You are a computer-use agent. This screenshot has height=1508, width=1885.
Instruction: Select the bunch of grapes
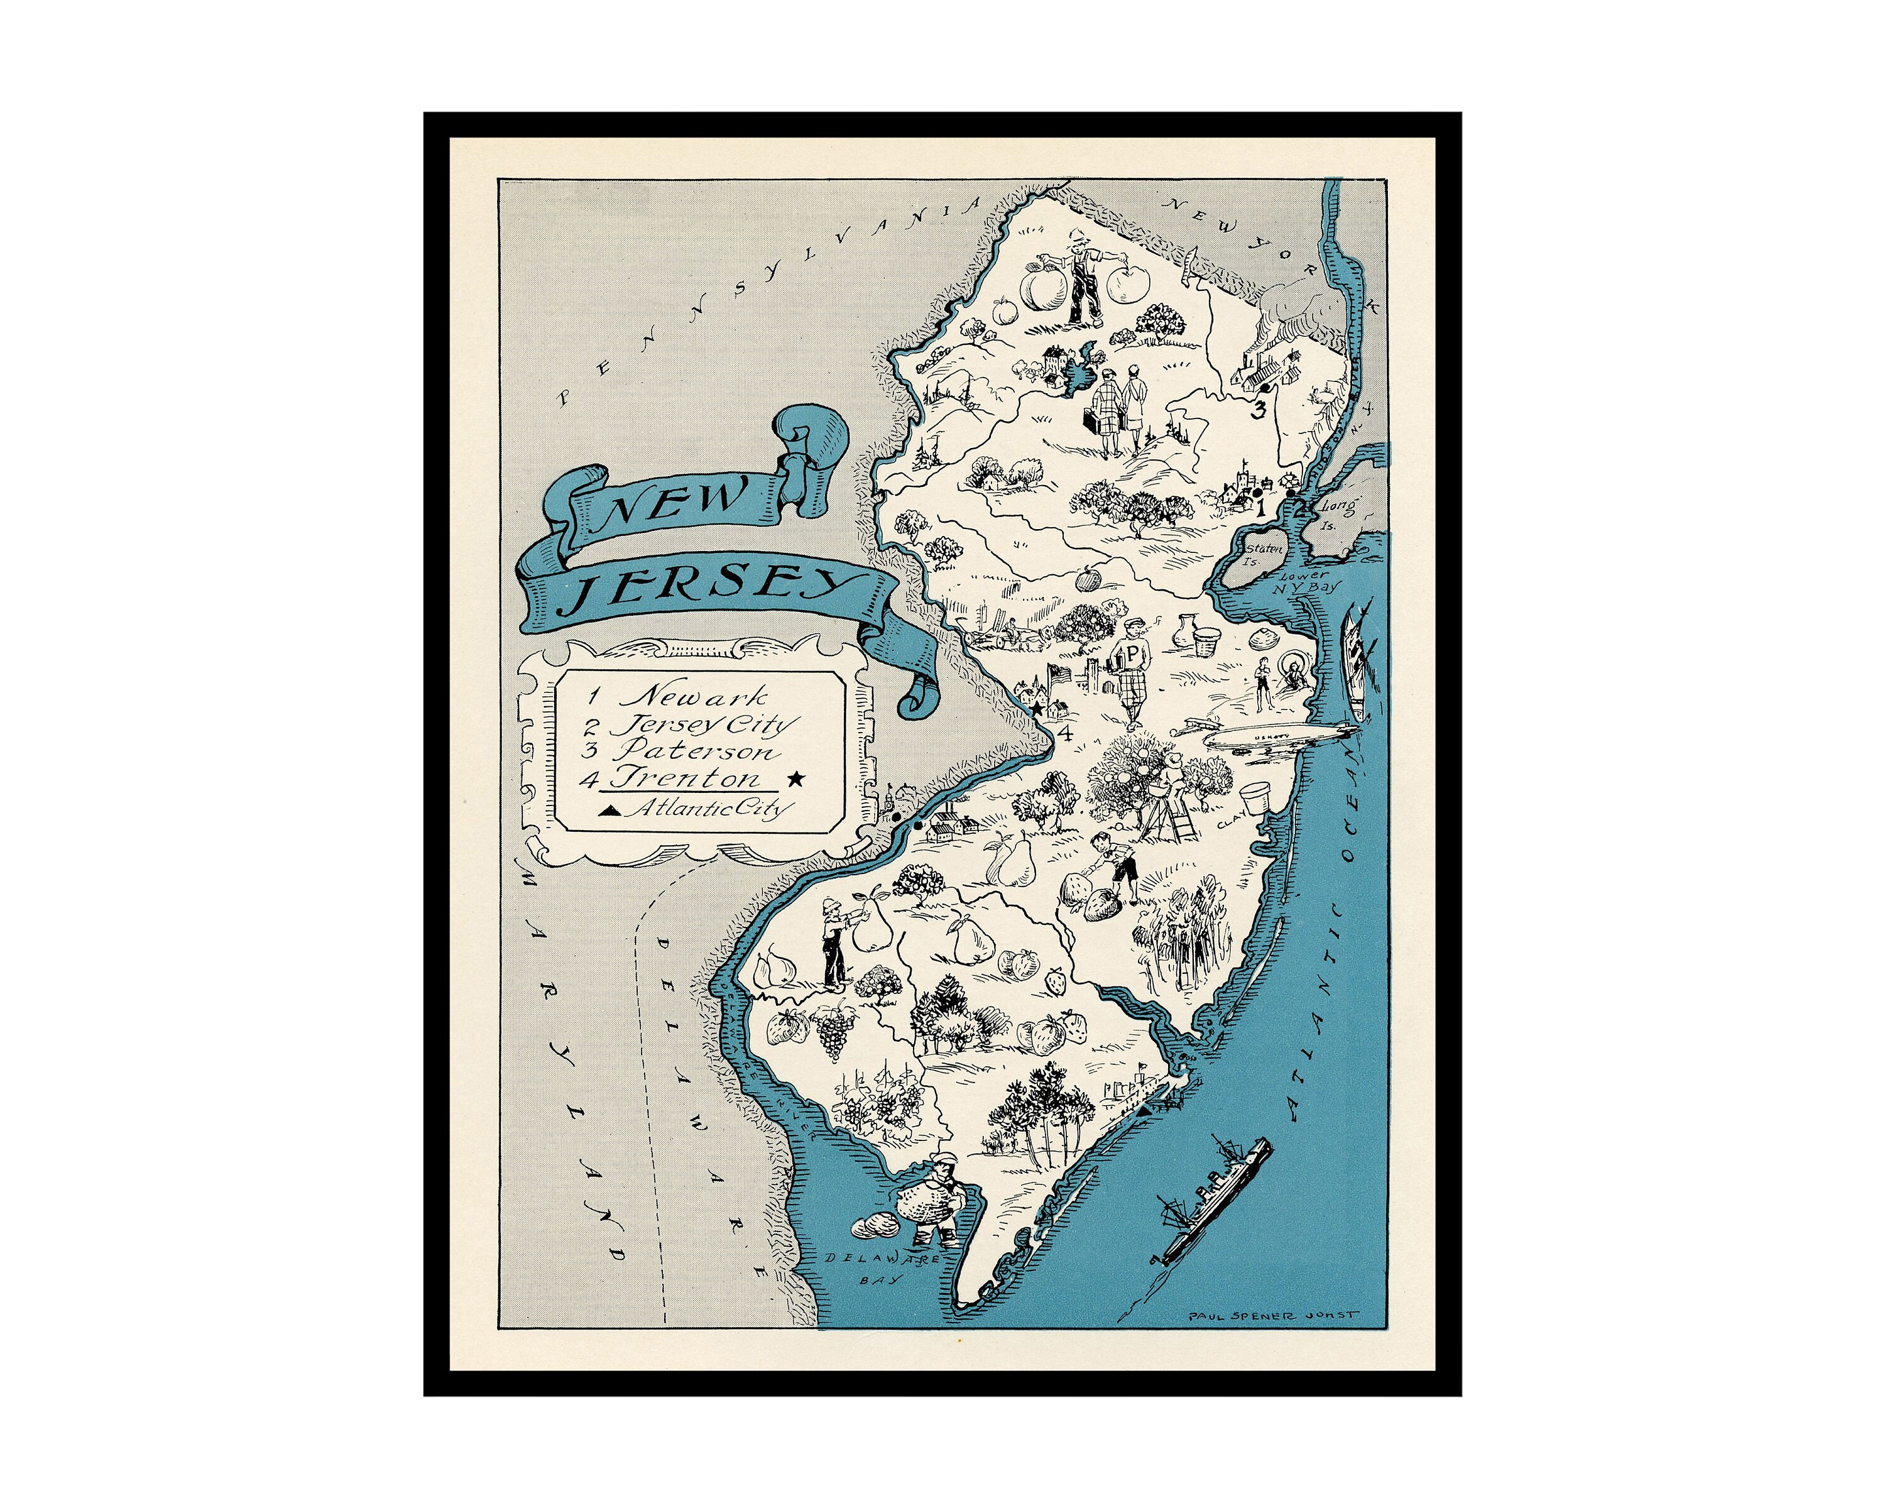click(833, 1032)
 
